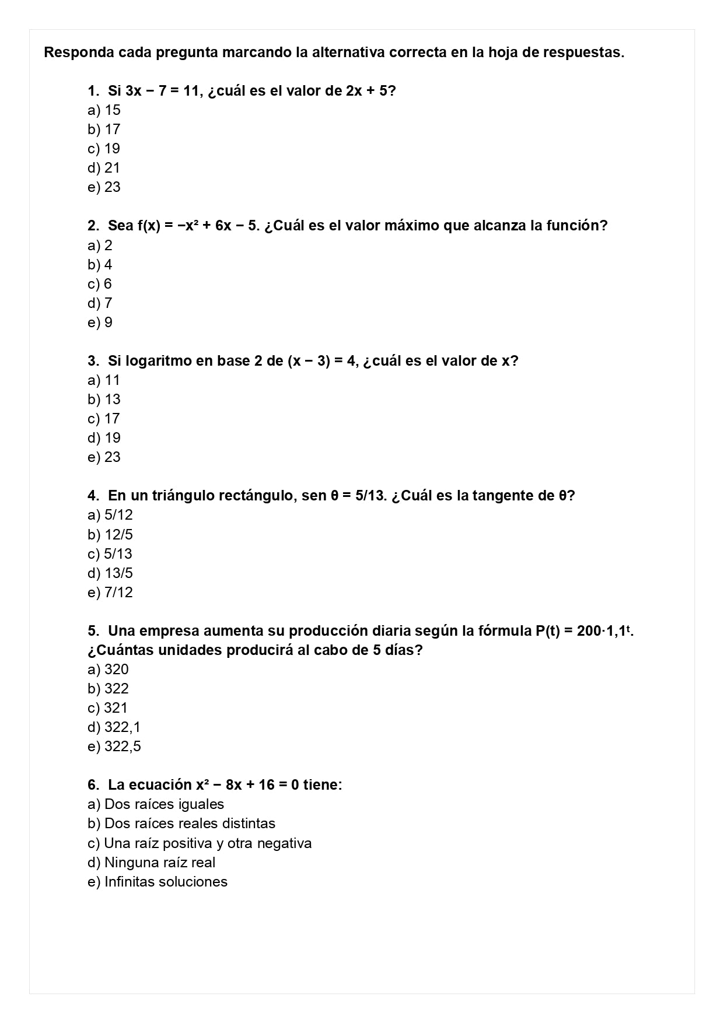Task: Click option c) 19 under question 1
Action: tap(104, 149)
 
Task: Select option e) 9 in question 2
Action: tap(100, 323)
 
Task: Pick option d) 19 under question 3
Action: tap(104, 438)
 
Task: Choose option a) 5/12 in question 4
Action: tap(110, 515)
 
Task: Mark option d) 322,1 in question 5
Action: tap(114, 727)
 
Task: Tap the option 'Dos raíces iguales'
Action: tap(156, 804)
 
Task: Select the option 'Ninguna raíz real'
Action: tap(152, 863)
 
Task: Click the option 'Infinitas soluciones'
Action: tap(158, 882)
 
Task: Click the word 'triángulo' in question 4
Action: tap(183, 496)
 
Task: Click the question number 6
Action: tap(93, 785)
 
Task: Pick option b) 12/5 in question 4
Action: tap(110, 535)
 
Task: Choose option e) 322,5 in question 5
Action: tap(114, 747)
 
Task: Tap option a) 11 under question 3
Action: tap(104, 380)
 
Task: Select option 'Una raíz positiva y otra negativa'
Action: tap(200, 843)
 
